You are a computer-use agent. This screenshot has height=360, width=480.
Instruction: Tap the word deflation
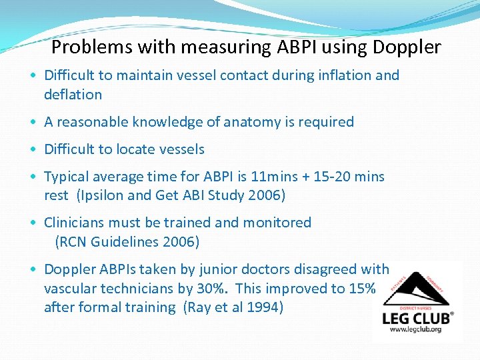pos(73,95)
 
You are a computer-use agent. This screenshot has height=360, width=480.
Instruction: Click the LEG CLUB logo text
pos(417,318)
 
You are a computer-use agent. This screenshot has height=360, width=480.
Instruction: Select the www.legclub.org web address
pos(417,330)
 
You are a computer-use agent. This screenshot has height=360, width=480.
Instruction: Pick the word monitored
pos(277,222)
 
